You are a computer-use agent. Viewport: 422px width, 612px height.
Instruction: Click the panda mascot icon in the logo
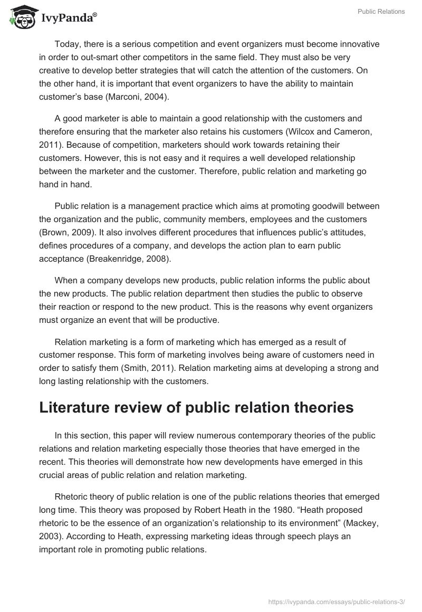tap(20, 17)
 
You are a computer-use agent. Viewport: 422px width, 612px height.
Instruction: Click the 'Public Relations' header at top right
tap(380, 12)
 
